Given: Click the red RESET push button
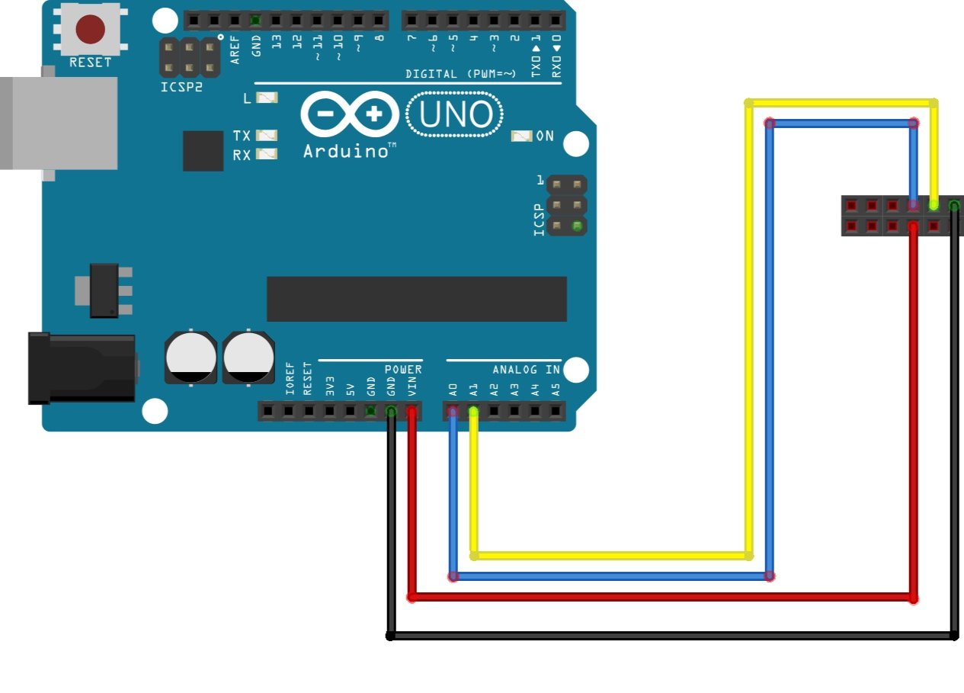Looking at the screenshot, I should tap(90, 30).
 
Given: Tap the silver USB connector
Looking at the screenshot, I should tap(59, 122).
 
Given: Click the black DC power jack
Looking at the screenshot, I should tap(82, 367).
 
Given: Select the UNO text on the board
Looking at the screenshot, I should tap(456, 115).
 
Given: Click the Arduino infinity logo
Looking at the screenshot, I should tap(350, 115).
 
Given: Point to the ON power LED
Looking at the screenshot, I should tap(521, 136).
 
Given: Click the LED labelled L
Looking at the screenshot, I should tap(267, 98).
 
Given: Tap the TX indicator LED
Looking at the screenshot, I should tap(267, 135).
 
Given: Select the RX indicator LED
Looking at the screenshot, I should tap(267, 153).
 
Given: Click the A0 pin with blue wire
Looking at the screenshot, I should tap(453, 412).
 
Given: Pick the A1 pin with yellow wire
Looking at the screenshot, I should tap(473, 412).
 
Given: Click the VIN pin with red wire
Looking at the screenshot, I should tap(412, 412).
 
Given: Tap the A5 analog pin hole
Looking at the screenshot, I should tap(556, 412).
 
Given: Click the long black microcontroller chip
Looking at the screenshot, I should tap(416, 299).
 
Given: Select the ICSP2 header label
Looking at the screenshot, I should tap(182, 87).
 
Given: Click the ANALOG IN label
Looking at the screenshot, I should tap(526, 370).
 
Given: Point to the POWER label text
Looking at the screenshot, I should tap(402, 370).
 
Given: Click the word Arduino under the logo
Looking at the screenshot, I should tap(346, 151).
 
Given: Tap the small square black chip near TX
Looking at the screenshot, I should tap(203, 150).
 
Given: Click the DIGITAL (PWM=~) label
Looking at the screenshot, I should tap(460, 74).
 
